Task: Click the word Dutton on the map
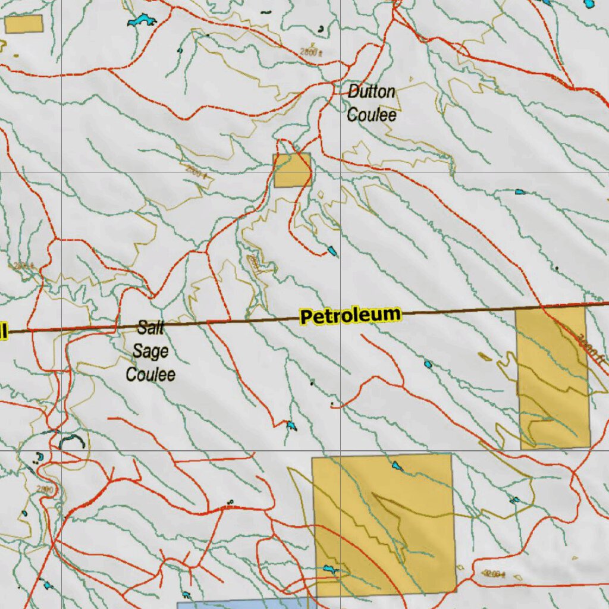[371, 92]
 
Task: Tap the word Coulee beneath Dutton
[371, 114]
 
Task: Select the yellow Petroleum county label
[350, 316]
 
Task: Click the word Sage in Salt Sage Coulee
[150, 351]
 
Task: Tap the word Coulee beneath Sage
[150, 374]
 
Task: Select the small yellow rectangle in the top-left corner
[24, 24]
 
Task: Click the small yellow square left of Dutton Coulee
[292, 170]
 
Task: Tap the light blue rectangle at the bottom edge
[244, 604]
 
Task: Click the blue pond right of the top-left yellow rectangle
[141, 21]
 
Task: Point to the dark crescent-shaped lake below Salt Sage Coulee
[71, 440]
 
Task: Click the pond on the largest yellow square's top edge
[397, 466]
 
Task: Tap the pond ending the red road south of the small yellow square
[332, 251]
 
